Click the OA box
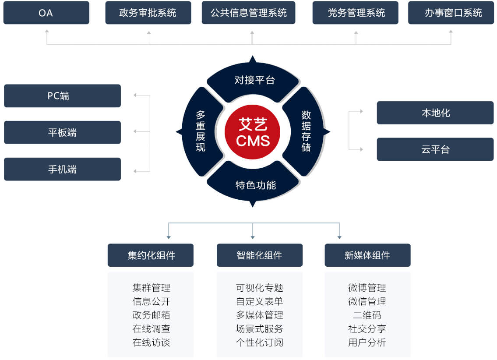(x=46, y=13)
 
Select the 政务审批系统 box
(x=148, y=13)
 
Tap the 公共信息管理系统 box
(x=249, y=13)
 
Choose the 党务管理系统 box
(x=355, y=13)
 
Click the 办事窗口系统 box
(x=451, y=13)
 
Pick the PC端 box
(x=63, y=96)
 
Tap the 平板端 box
(x=63, y=132)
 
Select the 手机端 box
(x=63, y=169)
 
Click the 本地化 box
(x=435, y=113)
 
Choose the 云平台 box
(x=435, y=149)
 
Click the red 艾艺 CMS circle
(x=253, y=132)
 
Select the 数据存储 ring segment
(x=306, y=131)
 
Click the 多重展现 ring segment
(x=200, y=131)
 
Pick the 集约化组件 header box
(x=151, y=255)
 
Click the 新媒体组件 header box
(x=368, y=255)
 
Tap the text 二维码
(x=367, y=315)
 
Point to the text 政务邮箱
(x=151, y=315)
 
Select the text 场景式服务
(x=259, y=328)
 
